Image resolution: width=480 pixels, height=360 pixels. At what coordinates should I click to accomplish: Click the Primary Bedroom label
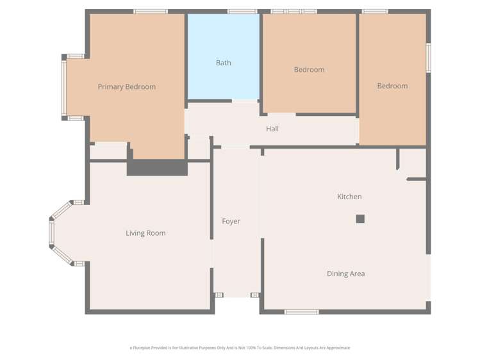click(126, 86)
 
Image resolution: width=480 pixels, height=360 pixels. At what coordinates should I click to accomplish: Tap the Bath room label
click(223, 63)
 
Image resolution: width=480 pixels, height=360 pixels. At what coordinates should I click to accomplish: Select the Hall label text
click(272, 129)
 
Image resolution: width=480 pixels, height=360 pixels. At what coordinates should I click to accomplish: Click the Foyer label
click(231, 221)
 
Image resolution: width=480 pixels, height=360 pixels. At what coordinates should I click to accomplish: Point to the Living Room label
click(145, 233)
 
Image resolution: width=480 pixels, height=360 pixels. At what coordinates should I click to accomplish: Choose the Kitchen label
click(349, 197)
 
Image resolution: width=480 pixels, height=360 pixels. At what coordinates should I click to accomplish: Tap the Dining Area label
click(345, 274)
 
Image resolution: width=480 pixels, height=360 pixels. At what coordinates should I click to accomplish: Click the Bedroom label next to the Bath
click(309, 69)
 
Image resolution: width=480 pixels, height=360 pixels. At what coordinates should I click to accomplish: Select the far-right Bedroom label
click(392, 86)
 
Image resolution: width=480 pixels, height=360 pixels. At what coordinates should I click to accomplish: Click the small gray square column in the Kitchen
click(360, 218)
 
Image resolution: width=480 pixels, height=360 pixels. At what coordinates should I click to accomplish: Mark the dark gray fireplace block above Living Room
click(157, 167)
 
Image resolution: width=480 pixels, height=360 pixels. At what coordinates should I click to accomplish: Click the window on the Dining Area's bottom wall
click(301, 312)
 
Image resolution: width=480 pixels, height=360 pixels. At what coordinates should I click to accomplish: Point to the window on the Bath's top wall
click(242, 11)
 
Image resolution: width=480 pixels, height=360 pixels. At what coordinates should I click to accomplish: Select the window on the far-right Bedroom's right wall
click(428, 58)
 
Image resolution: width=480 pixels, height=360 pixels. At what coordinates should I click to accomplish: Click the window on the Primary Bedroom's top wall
click(151, 11)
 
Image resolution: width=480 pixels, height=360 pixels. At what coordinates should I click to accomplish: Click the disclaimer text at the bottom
click(240, 348)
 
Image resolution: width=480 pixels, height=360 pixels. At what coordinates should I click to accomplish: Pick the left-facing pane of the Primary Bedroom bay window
click(63, 87)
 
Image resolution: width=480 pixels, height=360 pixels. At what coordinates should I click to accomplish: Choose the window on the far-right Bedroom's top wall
click(375, 11)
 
